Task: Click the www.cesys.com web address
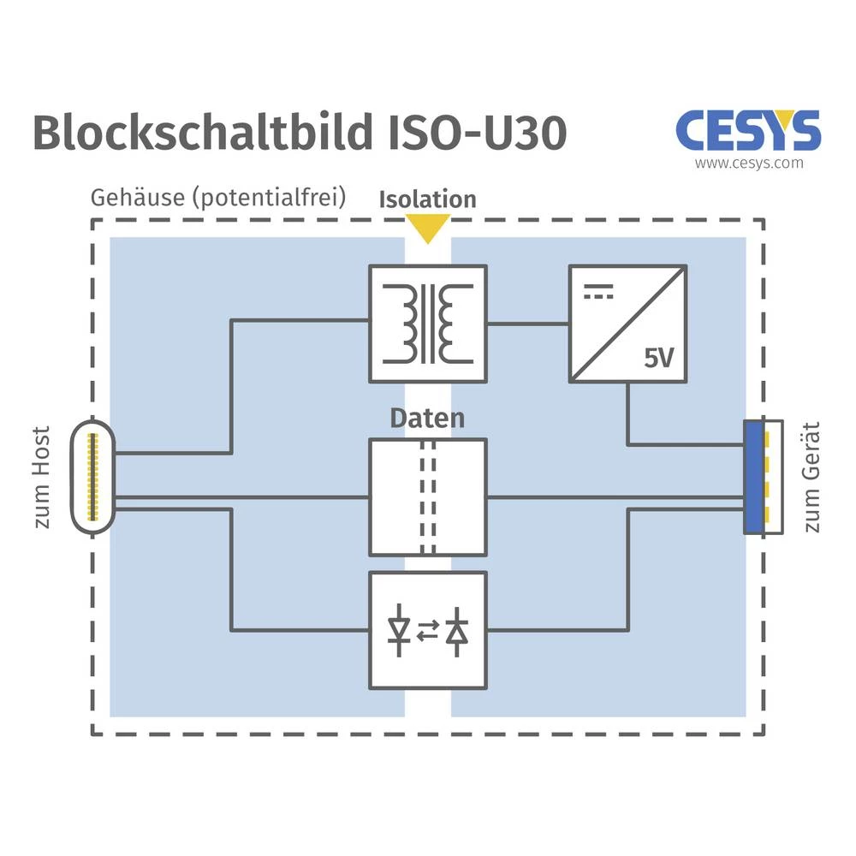[x=748, y=163]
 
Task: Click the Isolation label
[x=427, y=199]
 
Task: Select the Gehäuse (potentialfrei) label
[x=218, y=198]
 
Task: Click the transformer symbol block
[x=427, y=323]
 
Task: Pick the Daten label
[x=427, y=419]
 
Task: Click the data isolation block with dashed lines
[x=427, y=496]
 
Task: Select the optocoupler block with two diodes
[x=427, y=630]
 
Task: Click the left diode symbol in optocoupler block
[x=398, y=631]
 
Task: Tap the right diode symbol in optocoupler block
[x=459, y=631]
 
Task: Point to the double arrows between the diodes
[x=428, y=631]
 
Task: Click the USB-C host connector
[x=92, y=477]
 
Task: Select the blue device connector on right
[x=754, y=477]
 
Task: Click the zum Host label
[x=42, y=477]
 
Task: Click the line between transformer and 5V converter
[x=528, y=324]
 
